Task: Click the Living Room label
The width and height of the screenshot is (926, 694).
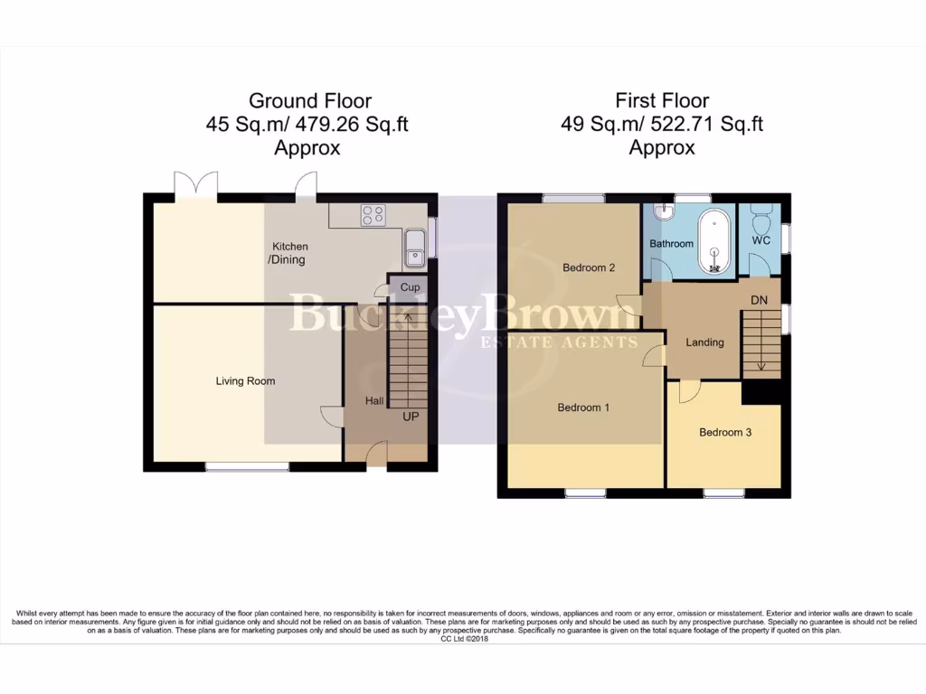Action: click(245, 381)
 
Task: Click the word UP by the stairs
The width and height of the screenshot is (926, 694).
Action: click(411, 417)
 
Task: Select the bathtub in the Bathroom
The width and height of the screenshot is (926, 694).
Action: click(715, 240)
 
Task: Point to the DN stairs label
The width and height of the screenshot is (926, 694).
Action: click(759, 301)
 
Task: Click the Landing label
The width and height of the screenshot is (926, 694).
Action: click(704, 342)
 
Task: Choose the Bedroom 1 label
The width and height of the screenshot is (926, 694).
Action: click(583, 408)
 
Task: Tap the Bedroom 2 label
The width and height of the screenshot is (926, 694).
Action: click(589, 267)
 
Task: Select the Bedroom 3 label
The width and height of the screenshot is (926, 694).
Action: click(725, 433)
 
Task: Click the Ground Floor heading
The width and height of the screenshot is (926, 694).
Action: click(309, 100)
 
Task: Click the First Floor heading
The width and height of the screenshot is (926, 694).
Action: click(662, 100)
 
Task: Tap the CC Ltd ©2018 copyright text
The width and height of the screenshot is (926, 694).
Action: click(463, 639)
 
